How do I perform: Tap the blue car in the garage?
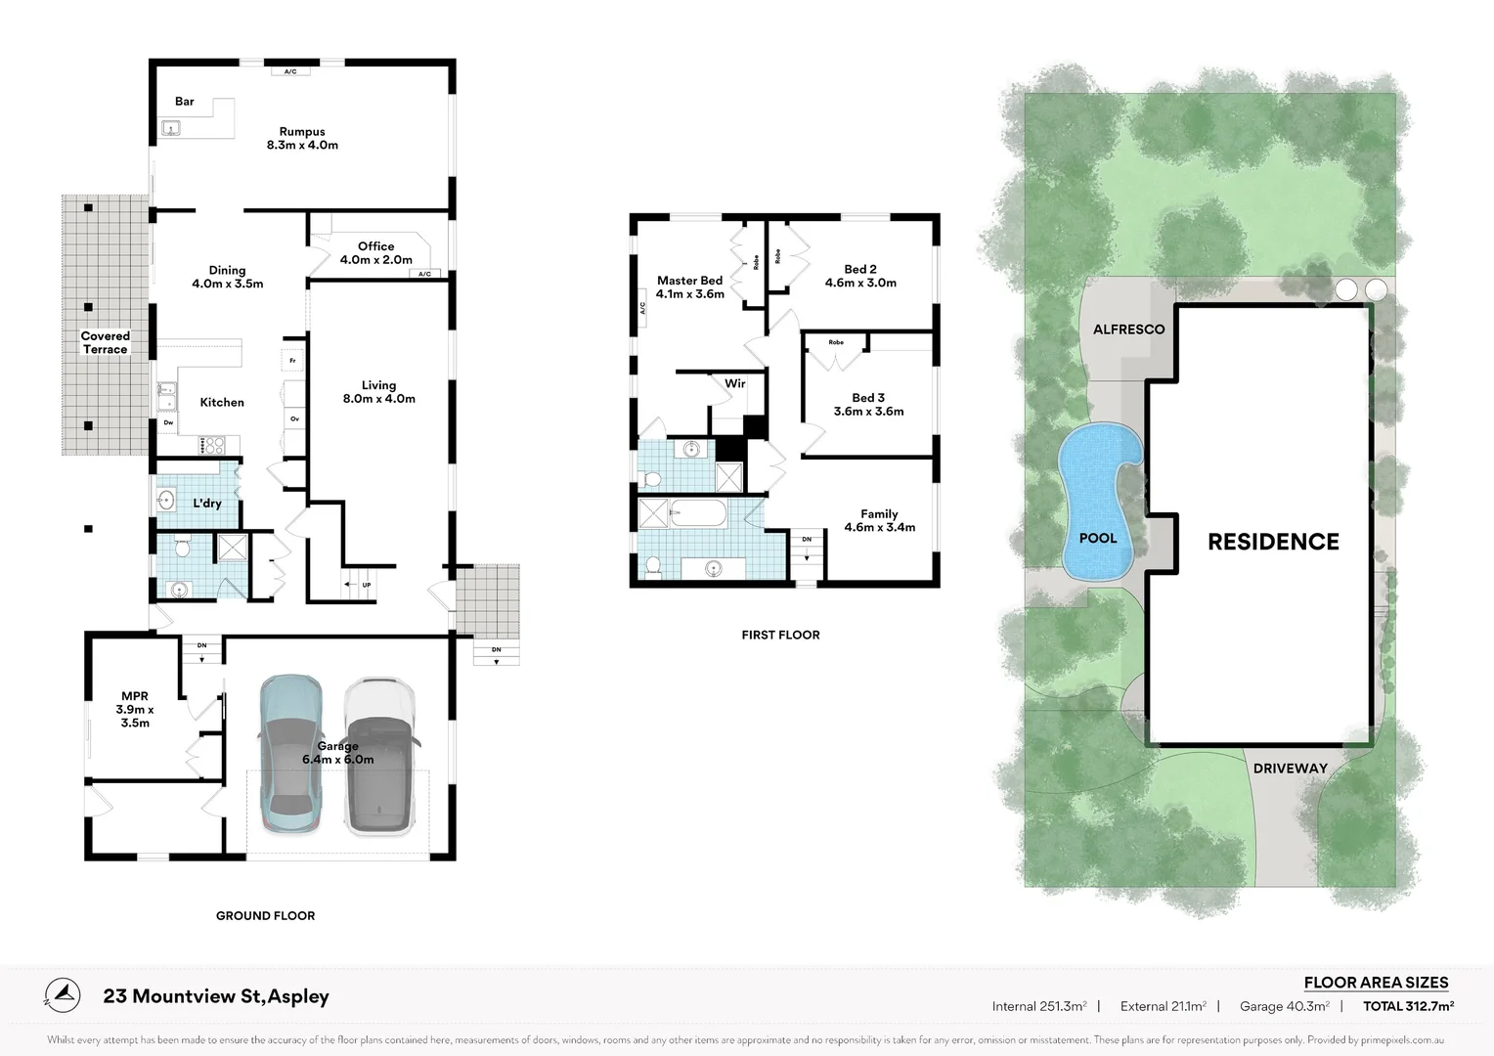[290, 753]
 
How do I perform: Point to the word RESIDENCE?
[1273, 542]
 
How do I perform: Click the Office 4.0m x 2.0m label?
[375, 253]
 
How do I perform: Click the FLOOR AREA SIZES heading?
[1376, 983]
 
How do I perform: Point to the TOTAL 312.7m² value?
[1408, 1006]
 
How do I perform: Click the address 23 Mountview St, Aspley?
[216, 996]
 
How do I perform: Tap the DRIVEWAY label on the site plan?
[1291, 769]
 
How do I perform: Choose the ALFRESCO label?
[1128, 330]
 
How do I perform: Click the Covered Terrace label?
[105, 342]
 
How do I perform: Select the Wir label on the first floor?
[734, 383]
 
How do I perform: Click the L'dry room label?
[206, 503]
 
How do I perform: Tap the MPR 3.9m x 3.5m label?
[135, 710]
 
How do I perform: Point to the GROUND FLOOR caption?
[265, 916]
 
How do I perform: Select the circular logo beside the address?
[63, 995]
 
